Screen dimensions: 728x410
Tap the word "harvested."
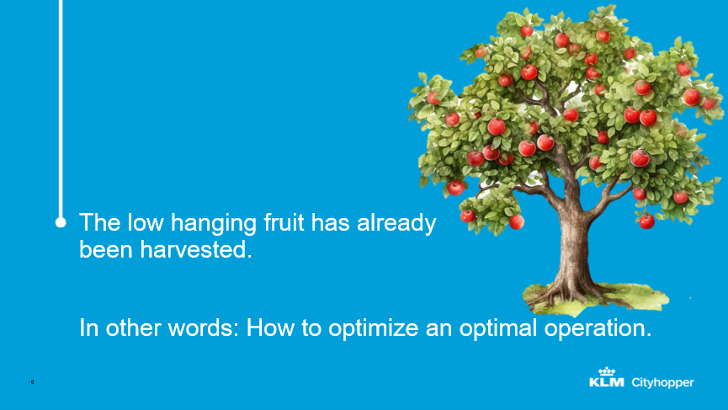click(x=196, y=250)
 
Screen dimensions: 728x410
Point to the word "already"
click(x=396, y=224)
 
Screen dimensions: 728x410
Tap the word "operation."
click(x=598, y=329)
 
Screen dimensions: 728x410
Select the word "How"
click(x=270, y=327)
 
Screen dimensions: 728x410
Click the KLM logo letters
click(x=606, y=382)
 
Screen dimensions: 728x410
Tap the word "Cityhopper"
click(x=662, y=383)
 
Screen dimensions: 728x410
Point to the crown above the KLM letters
click(x=606, y=371)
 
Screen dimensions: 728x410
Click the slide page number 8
click(x=33, y=381)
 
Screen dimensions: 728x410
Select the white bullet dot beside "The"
click(x=61, y=222)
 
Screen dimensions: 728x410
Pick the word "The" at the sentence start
click(x=100, y=222)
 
